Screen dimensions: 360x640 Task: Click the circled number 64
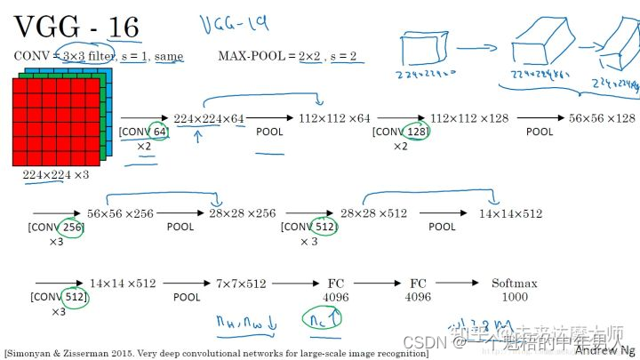[157, 132]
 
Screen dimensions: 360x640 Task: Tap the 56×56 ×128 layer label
[602, 118]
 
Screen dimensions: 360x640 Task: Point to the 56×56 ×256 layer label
[120, 213]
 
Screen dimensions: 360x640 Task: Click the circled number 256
[73, 228]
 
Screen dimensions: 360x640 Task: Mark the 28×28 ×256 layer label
[242, 213]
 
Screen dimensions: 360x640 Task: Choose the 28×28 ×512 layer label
[373, 213]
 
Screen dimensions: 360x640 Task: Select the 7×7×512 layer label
[241, 284]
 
